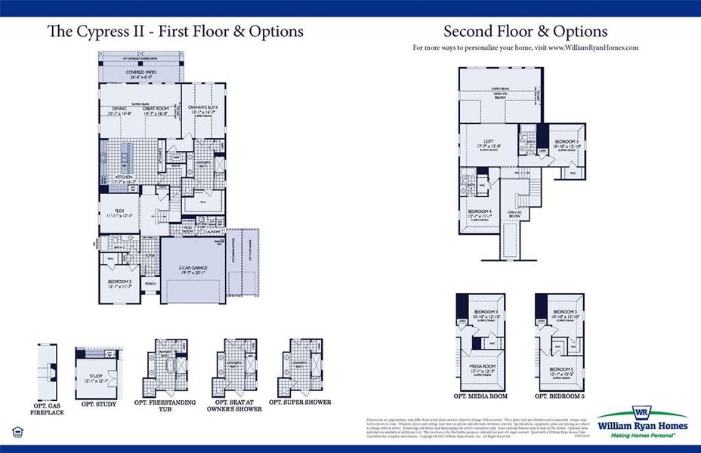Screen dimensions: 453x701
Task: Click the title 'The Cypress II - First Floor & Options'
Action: (175, 31)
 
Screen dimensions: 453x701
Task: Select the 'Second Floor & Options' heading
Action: (525, 31)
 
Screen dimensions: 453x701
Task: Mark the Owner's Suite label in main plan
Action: (202, 109)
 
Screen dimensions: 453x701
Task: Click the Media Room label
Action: (483, 369)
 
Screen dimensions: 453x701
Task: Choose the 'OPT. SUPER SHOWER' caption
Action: (307, 402)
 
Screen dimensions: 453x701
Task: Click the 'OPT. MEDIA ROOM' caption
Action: (480, 396)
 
